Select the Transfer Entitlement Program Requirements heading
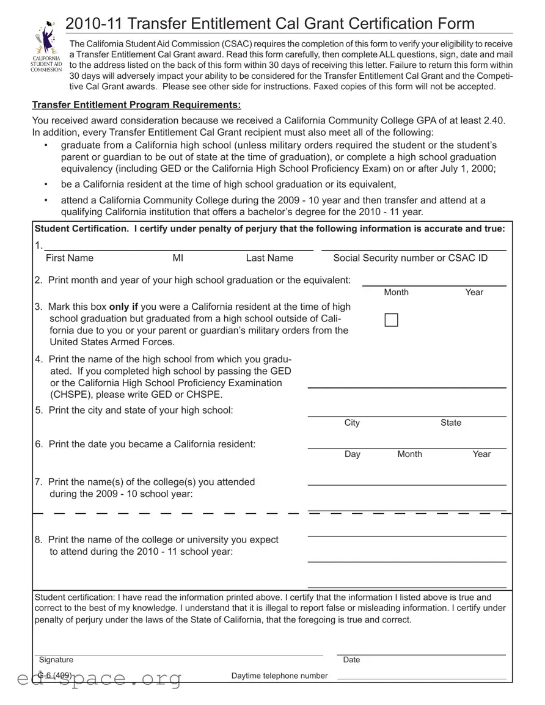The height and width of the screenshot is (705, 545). pos(136,104)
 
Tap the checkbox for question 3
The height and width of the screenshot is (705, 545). pos(391,320)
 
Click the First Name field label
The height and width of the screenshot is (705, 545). pos(70,258)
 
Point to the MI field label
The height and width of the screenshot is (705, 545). pos(178,258)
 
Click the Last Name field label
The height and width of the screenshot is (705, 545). pos(269,258)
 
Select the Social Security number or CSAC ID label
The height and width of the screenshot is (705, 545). pos(410,258)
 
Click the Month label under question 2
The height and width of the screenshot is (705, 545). pos(396,292)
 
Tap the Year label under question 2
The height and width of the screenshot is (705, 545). pos(474,292)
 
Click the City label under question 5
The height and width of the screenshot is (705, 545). pos(352,423)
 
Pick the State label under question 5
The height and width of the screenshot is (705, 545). pos(451,423)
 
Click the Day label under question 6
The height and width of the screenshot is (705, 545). pos(352,454)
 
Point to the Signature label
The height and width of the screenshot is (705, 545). pos(56,660)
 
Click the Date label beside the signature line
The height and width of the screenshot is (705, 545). pos(351,660)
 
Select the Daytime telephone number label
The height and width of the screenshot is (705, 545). pos(279,676)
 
